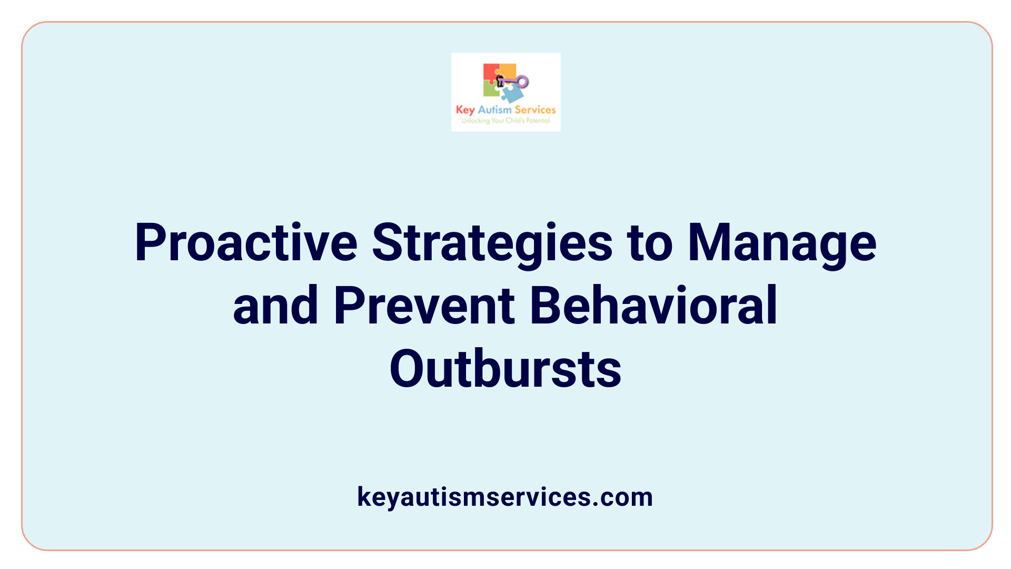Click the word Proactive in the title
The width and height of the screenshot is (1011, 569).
pos(246,243)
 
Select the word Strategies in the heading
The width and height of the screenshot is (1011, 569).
pos(492,243)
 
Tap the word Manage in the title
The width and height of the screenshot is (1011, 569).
pos(782,243)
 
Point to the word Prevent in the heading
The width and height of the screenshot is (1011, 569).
pos(424,306)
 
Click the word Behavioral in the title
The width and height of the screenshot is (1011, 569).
pos(653,306)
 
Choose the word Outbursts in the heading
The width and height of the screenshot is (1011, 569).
pos(506,369)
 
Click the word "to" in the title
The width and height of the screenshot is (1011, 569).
pos(650,243)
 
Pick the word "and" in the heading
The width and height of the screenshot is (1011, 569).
pos(275,306)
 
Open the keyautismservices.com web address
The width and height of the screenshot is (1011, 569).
pos(505,497)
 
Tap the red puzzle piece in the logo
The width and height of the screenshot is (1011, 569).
pos(490,72)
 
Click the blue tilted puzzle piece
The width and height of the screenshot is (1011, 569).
pos(512,94)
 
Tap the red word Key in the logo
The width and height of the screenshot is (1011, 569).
pos(465,110)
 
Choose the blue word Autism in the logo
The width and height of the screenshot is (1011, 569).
pos(494,110)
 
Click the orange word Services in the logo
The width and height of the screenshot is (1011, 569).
pos(535,110)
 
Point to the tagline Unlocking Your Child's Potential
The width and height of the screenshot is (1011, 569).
pos(506,121)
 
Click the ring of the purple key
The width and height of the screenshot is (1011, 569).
pos(522,82)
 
